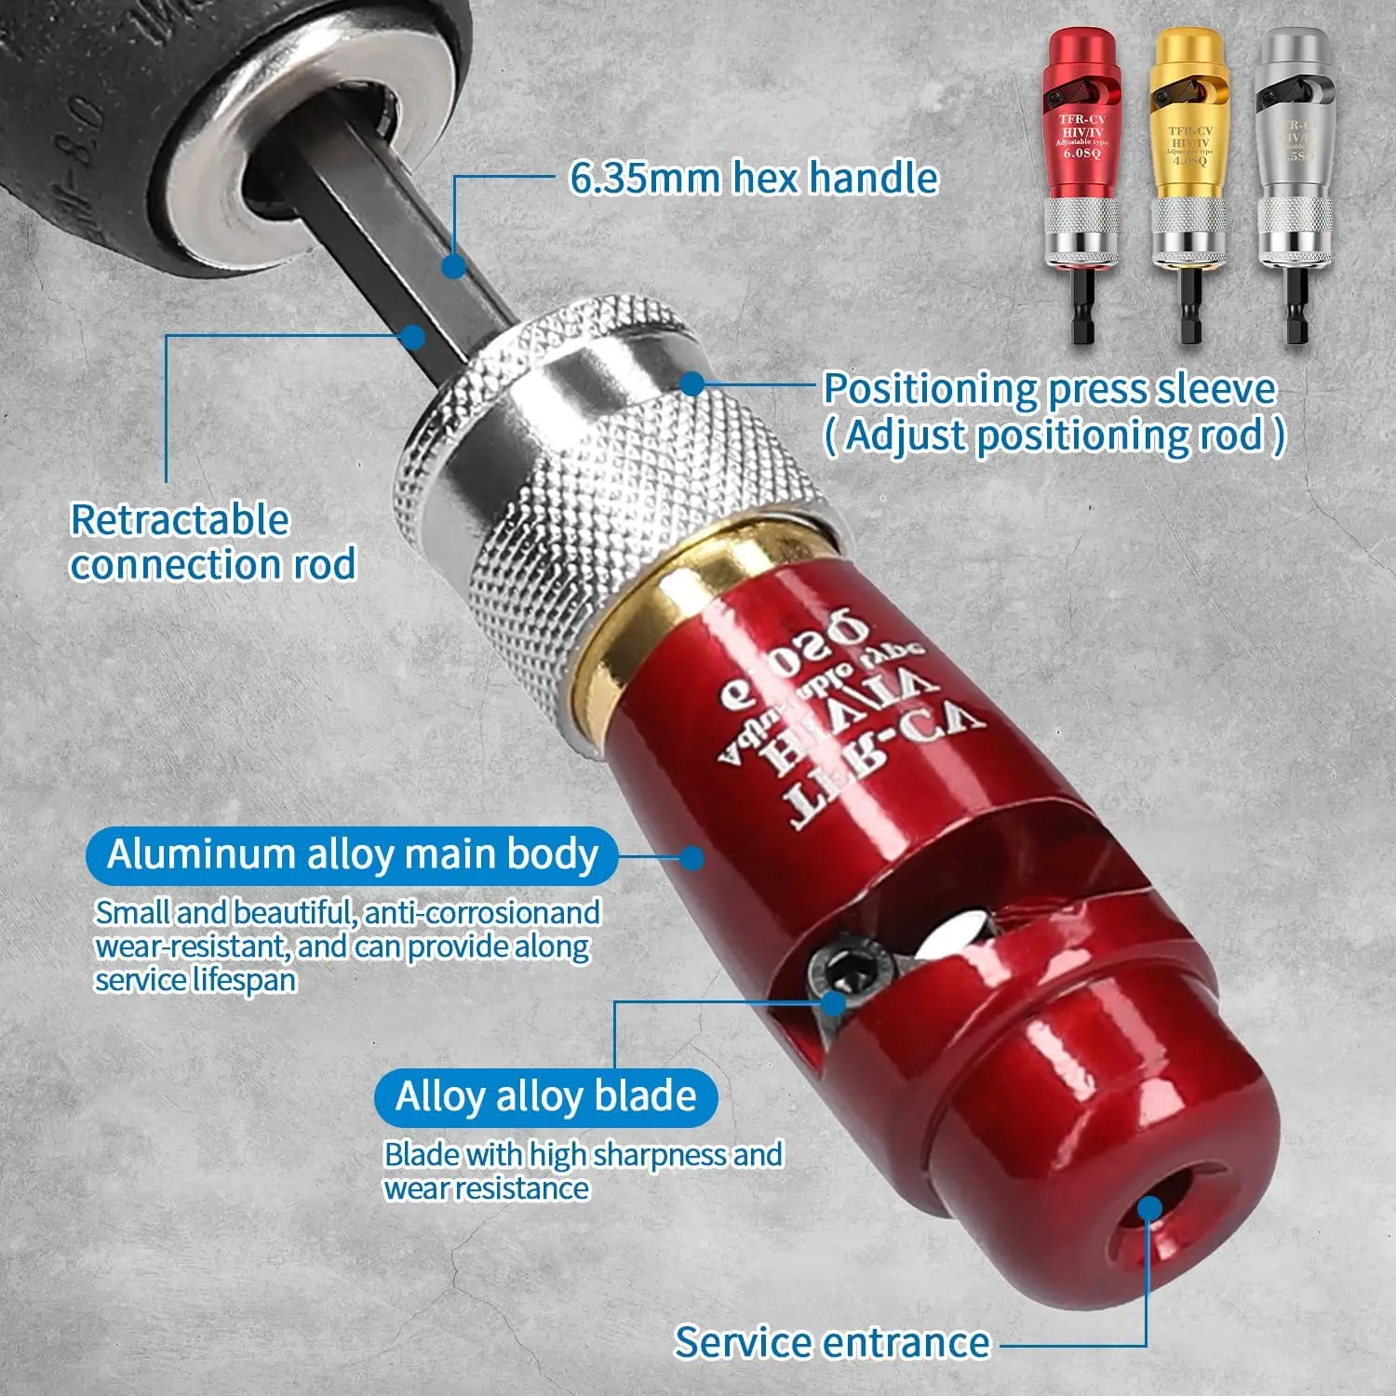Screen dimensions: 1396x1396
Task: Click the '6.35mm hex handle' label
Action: (754, 178)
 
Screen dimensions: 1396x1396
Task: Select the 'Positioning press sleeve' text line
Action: (1050, 389)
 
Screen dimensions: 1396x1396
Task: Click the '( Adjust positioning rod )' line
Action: (1055, 436)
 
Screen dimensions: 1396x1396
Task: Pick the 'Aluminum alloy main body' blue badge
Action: (352, 854)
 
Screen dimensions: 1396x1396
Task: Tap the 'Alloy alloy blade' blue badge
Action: (546, 1096)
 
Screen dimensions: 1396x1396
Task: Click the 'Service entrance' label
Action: (832, 1342)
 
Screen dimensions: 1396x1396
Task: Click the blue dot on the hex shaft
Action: (453, 267)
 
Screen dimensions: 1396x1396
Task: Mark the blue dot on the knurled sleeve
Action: (692, 383)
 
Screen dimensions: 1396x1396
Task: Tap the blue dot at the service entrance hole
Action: (1149, 1208)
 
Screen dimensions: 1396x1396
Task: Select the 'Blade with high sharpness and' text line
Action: (584, 1155)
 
